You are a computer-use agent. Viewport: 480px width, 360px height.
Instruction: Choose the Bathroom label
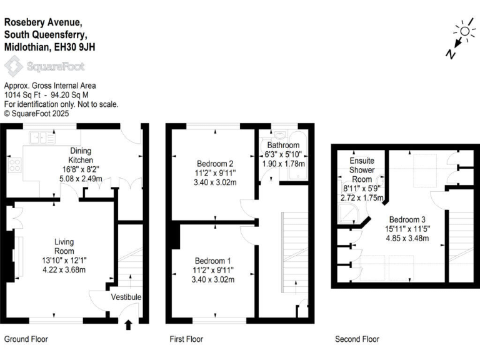pos(283,145)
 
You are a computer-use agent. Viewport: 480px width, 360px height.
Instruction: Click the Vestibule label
pos(126,297)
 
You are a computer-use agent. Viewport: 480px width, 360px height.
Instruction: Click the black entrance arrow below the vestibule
pos(129,324)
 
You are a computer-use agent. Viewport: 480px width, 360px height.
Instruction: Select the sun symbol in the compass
pos(465,31)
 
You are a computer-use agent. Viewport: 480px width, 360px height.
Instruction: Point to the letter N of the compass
pos(450,54)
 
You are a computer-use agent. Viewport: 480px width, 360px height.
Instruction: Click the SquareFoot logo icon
pos(12,66)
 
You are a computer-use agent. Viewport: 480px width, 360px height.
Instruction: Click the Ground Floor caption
pos(26,339)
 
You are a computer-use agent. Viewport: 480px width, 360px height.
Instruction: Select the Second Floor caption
pos(357,339)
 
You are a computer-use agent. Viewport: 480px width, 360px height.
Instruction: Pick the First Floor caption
pos(186,339)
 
